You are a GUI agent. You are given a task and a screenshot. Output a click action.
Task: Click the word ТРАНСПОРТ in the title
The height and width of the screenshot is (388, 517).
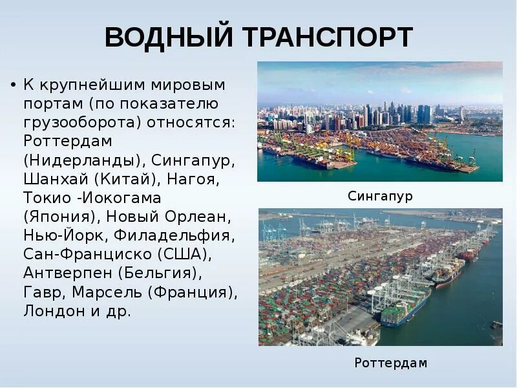328,38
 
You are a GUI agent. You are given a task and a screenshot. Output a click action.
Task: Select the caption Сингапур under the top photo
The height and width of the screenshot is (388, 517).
380,196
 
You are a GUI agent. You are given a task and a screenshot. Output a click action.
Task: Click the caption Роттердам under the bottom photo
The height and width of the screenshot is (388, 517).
390,363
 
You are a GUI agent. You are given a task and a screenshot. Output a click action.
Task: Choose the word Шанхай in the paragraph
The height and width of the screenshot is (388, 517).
52,178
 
